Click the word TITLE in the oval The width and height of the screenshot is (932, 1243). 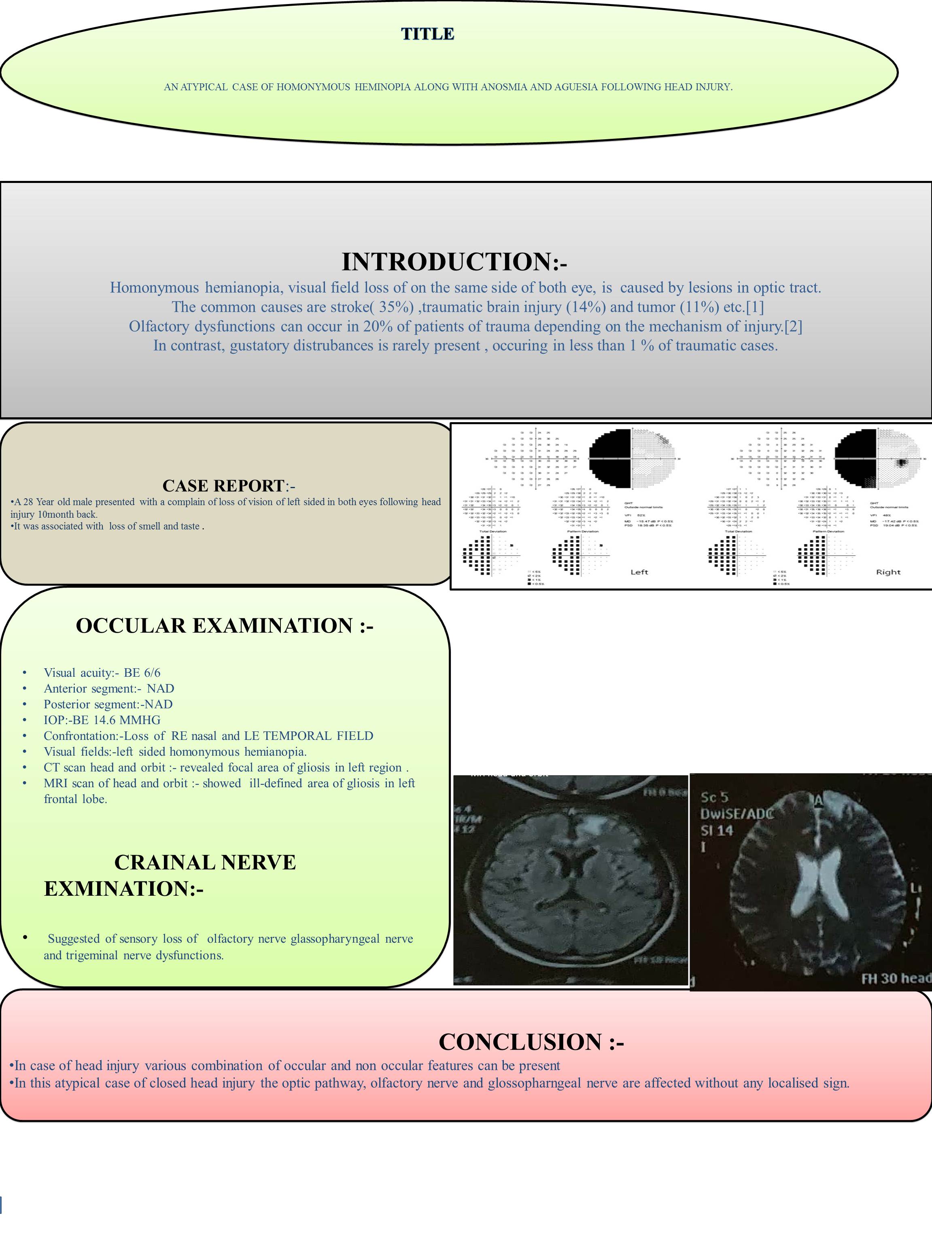tap(427, 34)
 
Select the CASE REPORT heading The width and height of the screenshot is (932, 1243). tap(223, 486)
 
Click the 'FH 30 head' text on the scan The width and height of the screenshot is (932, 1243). tap(896, 979)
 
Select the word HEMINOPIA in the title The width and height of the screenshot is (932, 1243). tap(382, 87)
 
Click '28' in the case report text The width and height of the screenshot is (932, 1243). tap(28, 502)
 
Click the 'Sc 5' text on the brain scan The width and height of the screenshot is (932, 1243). tap(715, 797)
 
